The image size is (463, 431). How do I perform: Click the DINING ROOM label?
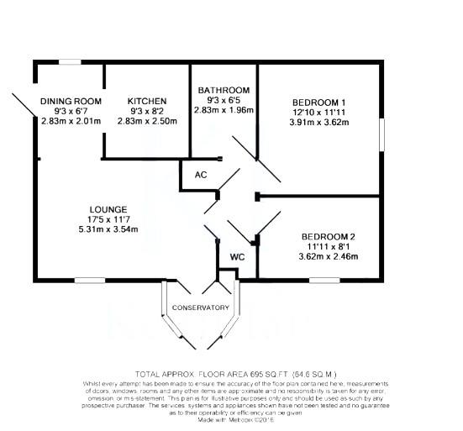71,102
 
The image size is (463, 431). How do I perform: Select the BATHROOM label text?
223,90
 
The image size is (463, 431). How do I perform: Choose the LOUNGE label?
108,209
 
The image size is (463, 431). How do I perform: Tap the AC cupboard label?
200,176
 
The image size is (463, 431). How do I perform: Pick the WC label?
237,256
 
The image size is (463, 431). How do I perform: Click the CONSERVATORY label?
200,307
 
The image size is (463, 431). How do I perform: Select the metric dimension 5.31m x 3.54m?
108,229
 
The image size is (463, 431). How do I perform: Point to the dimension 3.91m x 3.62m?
318,122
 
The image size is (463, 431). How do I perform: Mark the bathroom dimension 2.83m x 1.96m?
223,110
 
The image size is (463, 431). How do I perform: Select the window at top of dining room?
70,61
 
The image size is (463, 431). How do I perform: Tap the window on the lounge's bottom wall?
88,280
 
